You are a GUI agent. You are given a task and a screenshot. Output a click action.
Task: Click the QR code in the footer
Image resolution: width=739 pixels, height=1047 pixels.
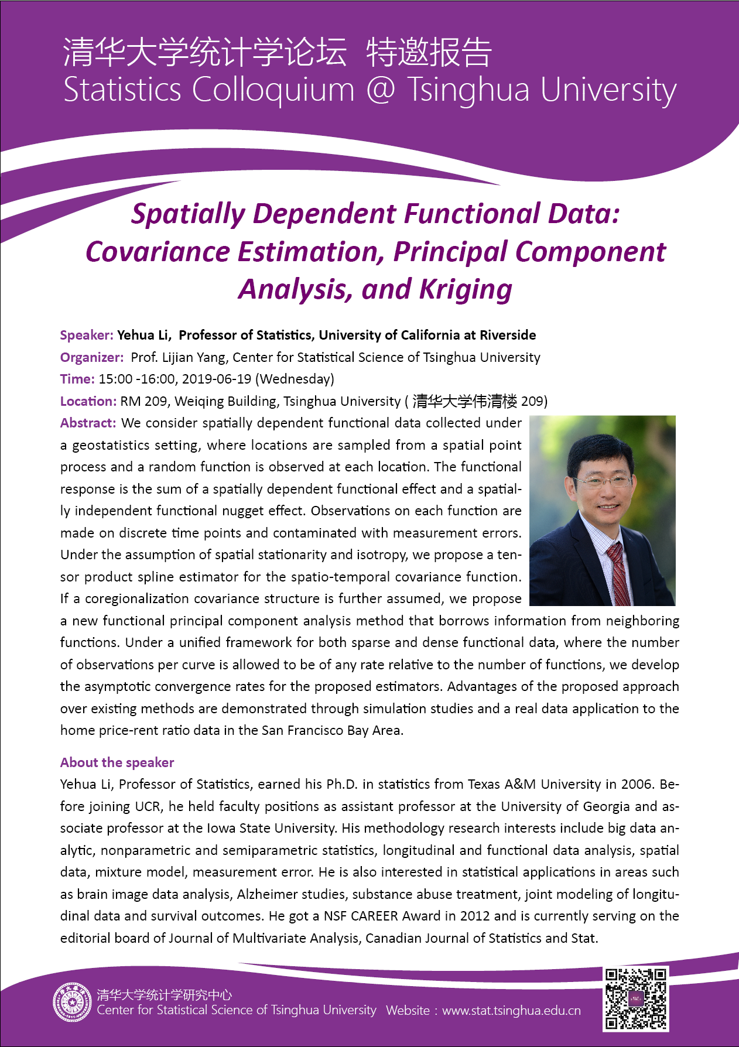pos(635,999)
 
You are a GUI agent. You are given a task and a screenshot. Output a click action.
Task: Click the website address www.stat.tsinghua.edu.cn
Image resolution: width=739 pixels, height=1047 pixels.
pos(511,1010)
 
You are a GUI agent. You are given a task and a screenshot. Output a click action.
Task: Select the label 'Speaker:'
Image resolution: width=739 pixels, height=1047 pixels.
pos(87,335)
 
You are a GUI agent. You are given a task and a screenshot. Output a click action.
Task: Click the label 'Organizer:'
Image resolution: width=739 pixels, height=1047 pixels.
pos(92,357)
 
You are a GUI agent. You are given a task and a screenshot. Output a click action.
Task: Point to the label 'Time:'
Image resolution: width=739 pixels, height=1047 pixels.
pos(77,379)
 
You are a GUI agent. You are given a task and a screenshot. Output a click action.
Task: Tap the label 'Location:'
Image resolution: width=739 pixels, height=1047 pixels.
pos(88,401)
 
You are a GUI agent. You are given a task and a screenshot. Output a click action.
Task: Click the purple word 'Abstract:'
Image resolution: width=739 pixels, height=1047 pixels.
pos(88,423)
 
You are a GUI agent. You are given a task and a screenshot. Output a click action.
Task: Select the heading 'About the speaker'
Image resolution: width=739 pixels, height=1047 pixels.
pos(117,762)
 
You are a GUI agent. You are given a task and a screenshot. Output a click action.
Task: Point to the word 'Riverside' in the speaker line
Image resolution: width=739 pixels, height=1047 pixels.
pos(508,335)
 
